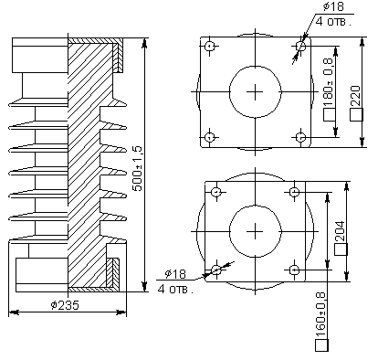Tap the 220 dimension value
[x=357, y=92]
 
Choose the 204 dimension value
[x=341, y=232]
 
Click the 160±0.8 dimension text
[x=320, y=319]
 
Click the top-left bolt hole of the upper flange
[x=210, y=46]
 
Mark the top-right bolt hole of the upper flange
[x=300, y=45]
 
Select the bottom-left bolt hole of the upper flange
[x=210, y=137]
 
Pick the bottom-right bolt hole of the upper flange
[x=300, y=137]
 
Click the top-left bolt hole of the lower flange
[x=216, y=192]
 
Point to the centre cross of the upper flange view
[x=256, y=91]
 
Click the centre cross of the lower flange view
[x=256, y=230]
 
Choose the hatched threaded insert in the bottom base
[x=112, y=271]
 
